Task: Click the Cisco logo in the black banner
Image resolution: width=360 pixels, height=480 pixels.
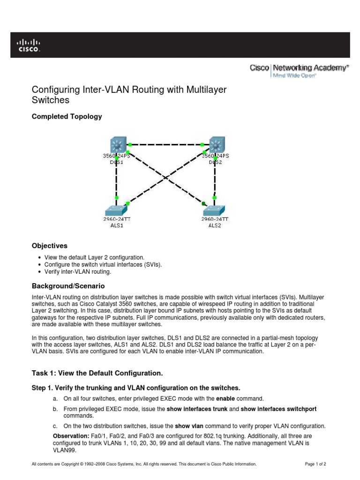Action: (x=29, y=45)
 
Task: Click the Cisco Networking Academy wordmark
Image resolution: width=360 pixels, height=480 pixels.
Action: (x=300, y=68)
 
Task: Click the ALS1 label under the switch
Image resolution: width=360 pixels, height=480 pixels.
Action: (x=116, y=225)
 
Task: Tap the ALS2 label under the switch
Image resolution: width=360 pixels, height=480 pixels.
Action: (x=215, y=225)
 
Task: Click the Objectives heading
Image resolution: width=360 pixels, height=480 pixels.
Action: (x=49, y=246)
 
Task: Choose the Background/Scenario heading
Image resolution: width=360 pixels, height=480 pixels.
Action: (x=68, y=285)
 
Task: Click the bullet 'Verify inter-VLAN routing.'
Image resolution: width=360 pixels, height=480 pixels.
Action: (x=78, y=271)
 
